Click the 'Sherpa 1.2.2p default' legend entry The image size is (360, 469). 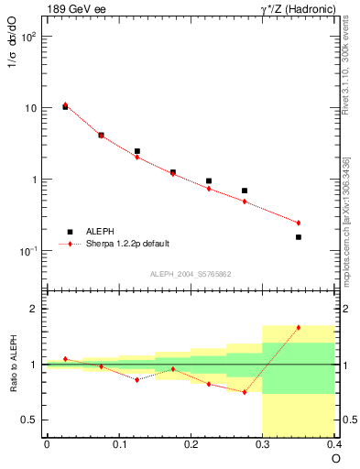pos(127,245)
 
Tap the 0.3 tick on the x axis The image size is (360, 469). pos(263,445)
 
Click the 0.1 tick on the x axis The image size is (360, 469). pos(118,445)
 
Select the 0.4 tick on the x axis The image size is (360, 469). pos(334,445)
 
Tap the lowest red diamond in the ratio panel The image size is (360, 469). pos(245,392)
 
